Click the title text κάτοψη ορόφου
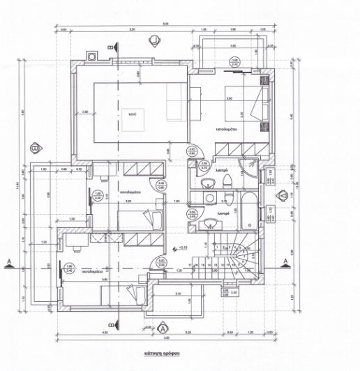click(x=162, y=353)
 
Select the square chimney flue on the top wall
click(x=91, y=56)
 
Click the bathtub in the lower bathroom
click(x=248, y=212)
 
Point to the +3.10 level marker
click(x=183, y=247)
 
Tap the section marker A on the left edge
click(x=9, y=262)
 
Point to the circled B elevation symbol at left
click(x=34, y=149)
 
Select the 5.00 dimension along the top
click(x=132, y=30)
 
